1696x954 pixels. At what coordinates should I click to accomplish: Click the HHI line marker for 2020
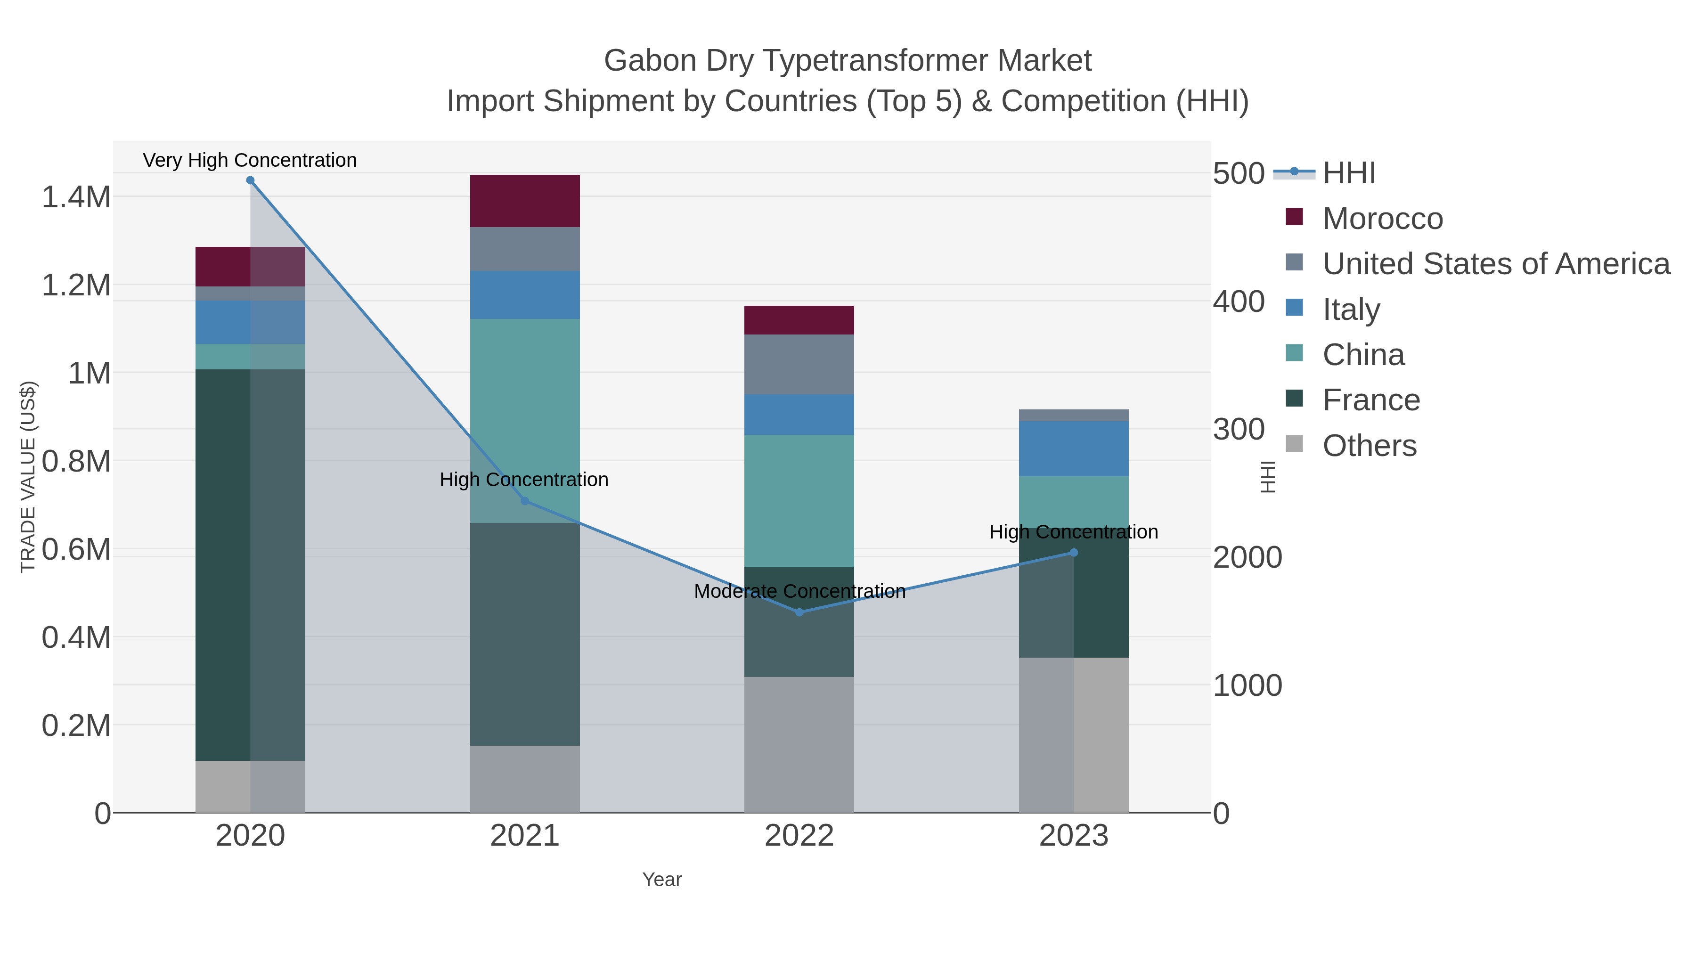250,180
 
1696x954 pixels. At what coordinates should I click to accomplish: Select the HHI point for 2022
799,612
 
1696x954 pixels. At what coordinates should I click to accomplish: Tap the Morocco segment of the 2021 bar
525,201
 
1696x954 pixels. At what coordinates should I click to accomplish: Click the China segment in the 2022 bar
799,500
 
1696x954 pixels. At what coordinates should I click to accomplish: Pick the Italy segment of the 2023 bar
1074,448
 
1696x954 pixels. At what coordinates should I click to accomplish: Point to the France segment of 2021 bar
525,634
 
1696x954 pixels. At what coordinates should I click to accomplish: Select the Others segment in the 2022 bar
799,744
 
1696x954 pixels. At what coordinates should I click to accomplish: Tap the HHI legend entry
1348,173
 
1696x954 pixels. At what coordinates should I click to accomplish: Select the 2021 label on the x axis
525,835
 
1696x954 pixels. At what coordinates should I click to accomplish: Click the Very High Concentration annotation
250,160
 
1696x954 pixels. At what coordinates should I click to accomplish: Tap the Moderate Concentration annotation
799,591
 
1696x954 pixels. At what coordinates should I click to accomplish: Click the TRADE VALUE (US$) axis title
28,477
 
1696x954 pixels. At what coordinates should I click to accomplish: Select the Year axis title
662,880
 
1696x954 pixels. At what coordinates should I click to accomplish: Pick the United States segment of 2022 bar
799,364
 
